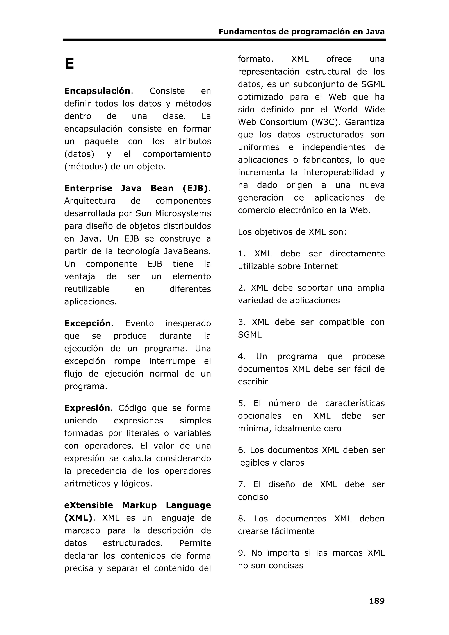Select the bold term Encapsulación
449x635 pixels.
coord(97,91)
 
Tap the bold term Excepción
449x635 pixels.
coord(87,323)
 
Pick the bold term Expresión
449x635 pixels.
coord(87,408)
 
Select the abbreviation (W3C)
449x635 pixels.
coord(325,122)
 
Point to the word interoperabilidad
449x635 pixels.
coord(339,172)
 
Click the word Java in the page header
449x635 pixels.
coord(375,32)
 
